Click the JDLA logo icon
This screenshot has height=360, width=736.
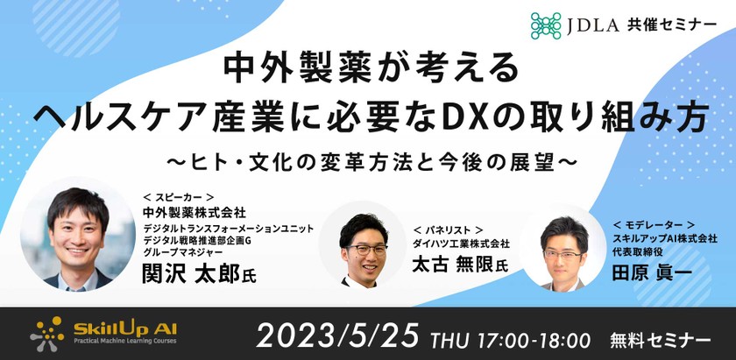point(547,24)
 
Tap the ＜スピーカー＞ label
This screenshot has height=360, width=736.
point(179,199)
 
